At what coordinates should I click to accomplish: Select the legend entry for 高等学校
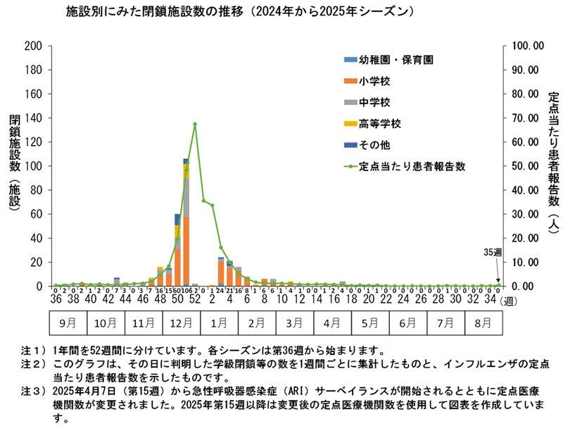[x=379, y=125]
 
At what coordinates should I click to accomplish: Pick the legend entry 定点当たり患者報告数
[x=412, y=168]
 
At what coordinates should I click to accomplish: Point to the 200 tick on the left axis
[x=34, y=46]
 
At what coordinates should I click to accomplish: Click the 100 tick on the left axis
[x=34, y=166]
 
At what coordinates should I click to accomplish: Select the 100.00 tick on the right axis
[x=522, y=46]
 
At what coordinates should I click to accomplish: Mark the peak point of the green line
[x=194, y=124]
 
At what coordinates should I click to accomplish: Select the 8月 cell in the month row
[x=484, y=325]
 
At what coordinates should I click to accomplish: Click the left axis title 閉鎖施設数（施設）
[x=14, y=166]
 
